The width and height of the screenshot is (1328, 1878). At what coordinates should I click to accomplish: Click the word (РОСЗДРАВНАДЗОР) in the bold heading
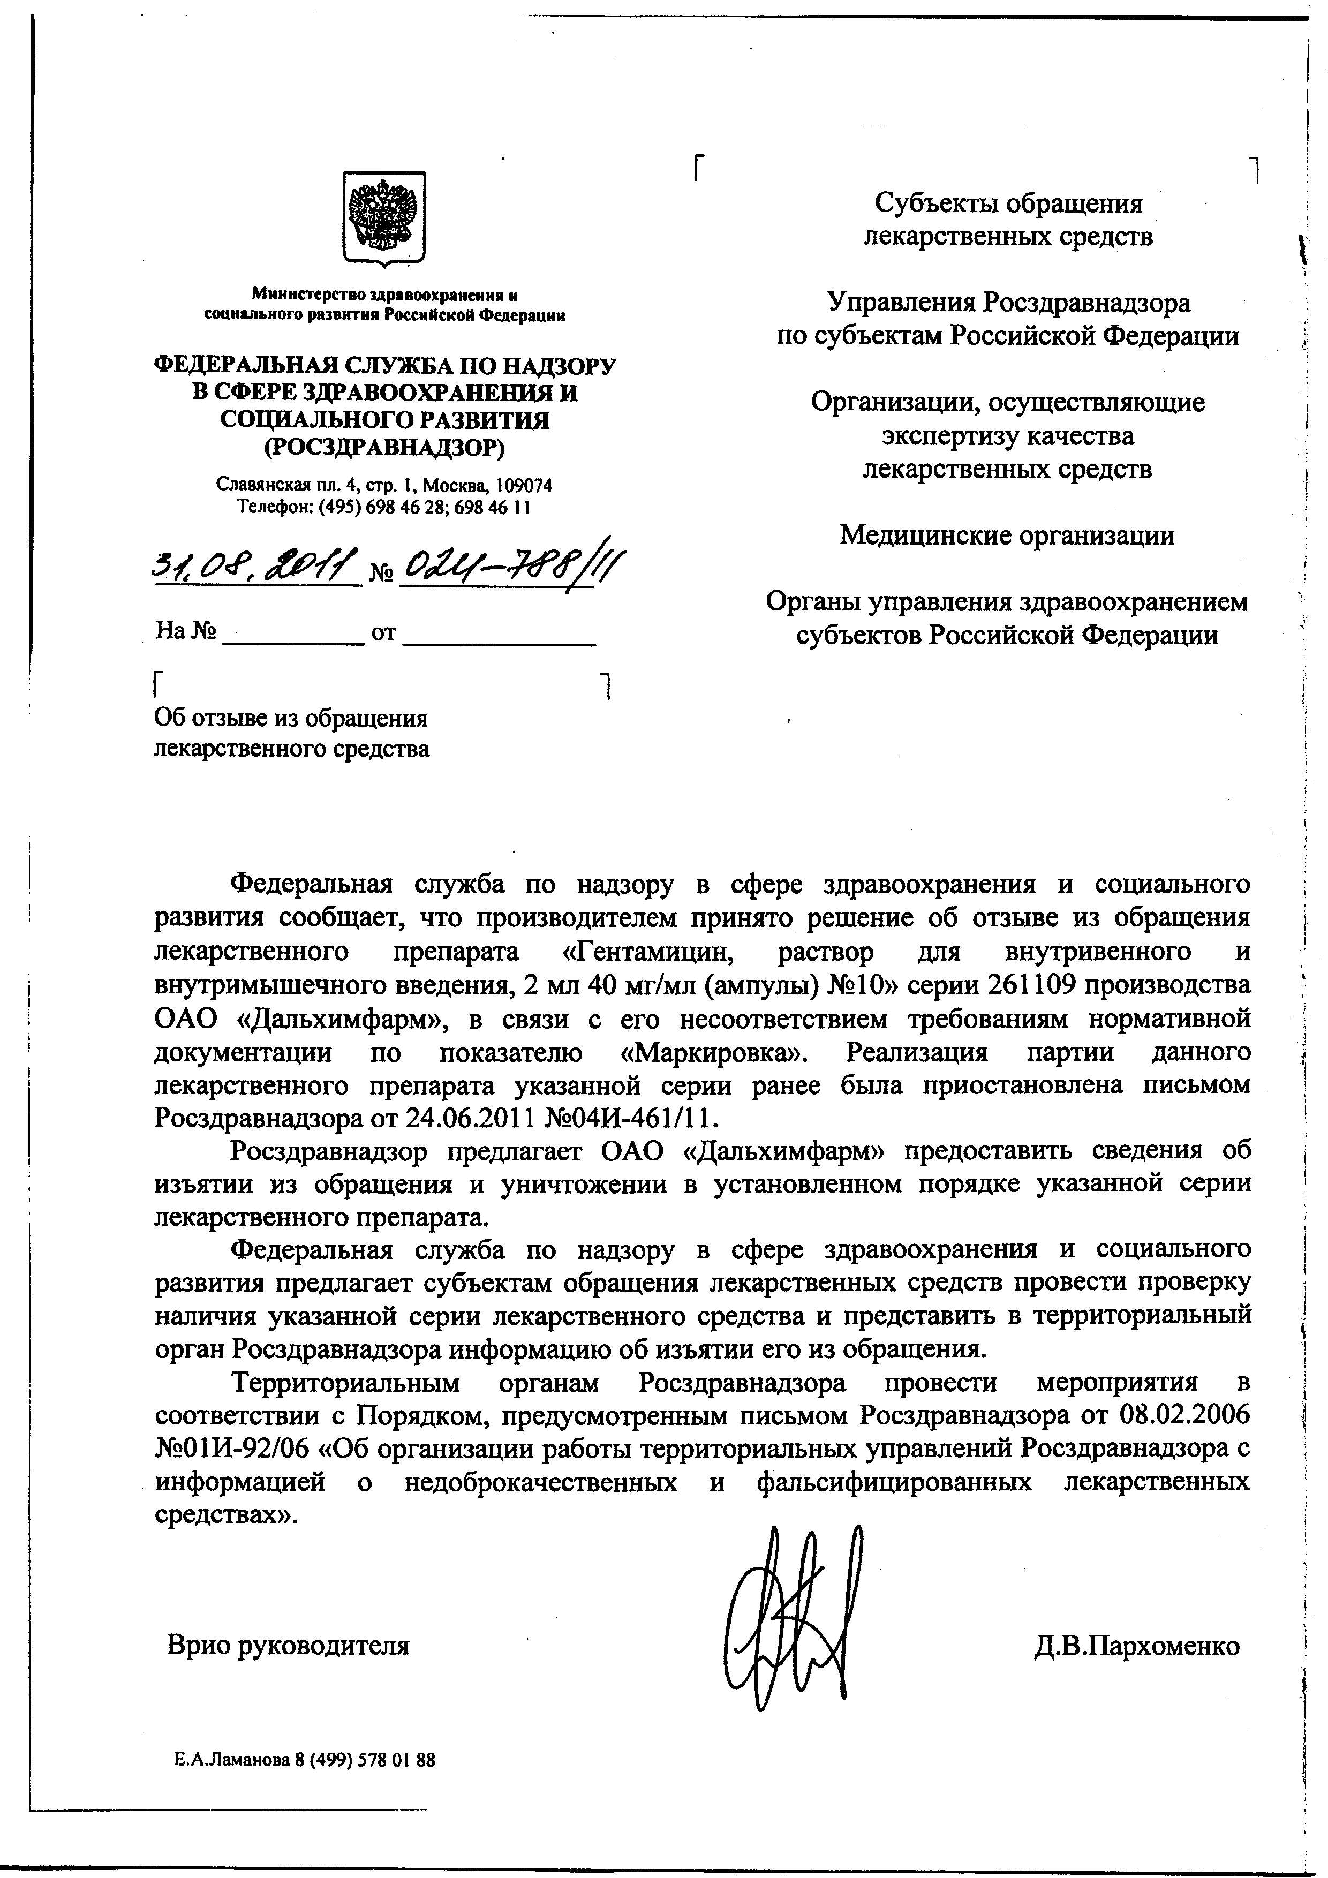click(x=384, y=448)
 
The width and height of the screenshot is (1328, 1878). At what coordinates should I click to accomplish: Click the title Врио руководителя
click(x=288, y=1645)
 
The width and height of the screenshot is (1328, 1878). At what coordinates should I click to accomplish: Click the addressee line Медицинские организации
click(x=1007, y=536)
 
